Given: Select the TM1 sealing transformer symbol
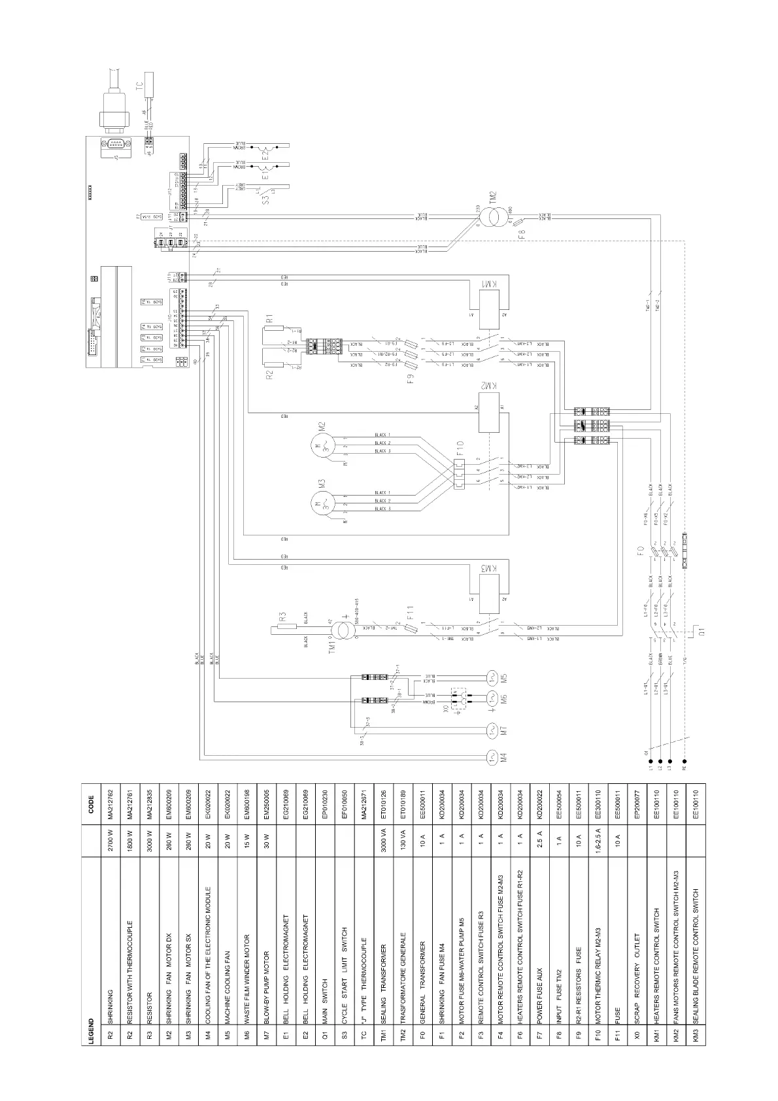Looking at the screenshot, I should coord(342,630).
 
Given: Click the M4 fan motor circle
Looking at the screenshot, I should coord(492,758).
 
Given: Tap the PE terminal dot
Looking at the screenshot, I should coord(685,761).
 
